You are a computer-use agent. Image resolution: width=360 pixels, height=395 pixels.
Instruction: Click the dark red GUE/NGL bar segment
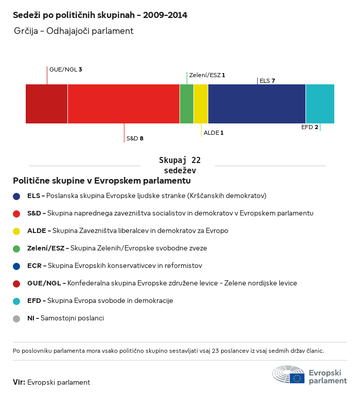coord(46,104)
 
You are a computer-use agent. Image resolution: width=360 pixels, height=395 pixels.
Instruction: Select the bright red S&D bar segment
coord(123,104)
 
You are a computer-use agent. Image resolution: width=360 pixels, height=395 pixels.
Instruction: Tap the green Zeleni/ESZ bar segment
coord(187,104)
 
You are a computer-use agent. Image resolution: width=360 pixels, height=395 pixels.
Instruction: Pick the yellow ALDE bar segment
coord(201,104)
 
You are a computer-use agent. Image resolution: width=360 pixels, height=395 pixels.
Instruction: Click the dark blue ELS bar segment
coord(257,104)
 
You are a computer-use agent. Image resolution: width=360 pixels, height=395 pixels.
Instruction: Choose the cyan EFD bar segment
coord(320,104)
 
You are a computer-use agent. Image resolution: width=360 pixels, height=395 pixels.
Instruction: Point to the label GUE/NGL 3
coord(66,69)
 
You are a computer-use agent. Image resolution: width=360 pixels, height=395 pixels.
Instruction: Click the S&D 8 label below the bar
coord(135,138)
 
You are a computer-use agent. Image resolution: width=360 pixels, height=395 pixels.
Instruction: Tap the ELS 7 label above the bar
coord(267,81)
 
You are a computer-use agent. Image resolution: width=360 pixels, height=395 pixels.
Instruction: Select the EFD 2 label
coord(310,127)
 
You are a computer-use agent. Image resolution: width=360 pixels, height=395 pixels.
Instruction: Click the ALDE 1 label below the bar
coord(213,133)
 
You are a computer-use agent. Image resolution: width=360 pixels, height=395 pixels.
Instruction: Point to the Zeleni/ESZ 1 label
coord(207,75)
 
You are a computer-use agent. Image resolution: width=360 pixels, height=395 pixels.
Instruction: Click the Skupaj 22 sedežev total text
coord(179,165)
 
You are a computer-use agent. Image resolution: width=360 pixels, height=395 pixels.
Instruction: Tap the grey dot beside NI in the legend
coord(16,318)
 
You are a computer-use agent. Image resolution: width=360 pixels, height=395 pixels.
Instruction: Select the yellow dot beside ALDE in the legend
coord(16,231)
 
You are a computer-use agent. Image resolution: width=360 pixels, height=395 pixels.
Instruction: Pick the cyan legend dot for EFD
coord(16,301)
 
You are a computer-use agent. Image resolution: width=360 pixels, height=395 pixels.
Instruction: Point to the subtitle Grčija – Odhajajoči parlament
coord(74,31)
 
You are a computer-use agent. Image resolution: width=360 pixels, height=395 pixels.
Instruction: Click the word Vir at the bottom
coord(19,382)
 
